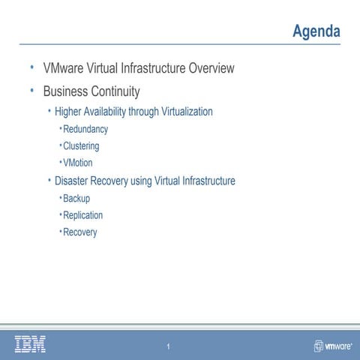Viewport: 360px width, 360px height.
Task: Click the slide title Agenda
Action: pyautogui.click(x=316, y=31)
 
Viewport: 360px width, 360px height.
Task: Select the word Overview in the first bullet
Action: pyautogui.click(x=211, y=69)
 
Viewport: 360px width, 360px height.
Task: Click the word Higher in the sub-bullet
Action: pyautogui.click(x=70, y=112)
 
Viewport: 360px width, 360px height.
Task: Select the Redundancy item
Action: pyautogui.click(x=85, y=129)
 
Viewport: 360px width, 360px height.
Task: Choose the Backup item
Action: pyautogui.click(x=76, y=199)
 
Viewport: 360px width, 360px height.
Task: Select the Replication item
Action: pyautogui.click(x=83, y=215)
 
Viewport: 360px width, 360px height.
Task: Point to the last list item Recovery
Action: pyautogui.click(x=80, y=232)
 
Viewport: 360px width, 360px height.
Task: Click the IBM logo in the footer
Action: pyautogui.click(x=30, y=343)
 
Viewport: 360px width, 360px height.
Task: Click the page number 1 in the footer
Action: pyautogui.click(x=169, y=346)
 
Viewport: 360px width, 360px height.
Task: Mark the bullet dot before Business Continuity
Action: pyautogui.click(x=32, y=91)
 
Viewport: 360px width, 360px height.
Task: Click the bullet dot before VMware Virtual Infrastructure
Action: pyautogui.click(x=32, y=67)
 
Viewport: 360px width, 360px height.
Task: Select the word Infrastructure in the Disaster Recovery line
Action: pyautogui.click(x=203, y=181)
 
